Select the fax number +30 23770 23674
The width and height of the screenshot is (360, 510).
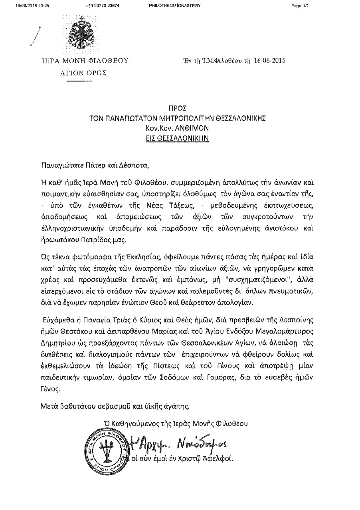tap(99, 5)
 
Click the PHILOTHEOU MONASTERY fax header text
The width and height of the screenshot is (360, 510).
tap(174, 5)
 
